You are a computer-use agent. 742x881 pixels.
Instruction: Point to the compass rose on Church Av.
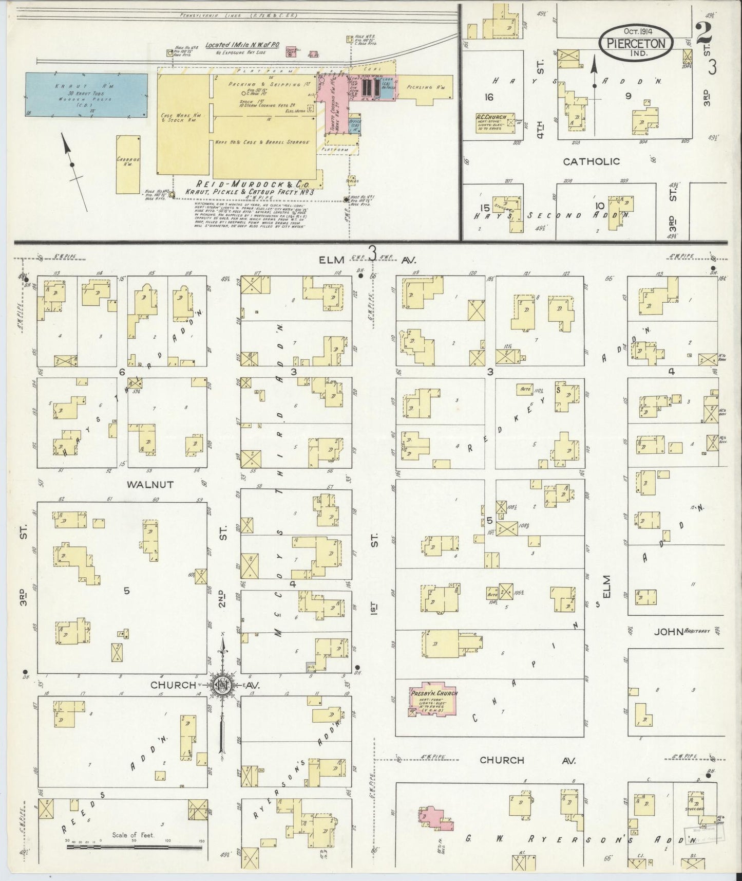222,685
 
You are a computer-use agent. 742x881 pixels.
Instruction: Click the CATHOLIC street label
591,161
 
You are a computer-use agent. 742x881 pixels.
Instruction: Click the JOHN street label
668,632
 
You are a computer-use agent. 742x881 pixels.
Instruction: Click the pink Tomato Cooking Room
333,100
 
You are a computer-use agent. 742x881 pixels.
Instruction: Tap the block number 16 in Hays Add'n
488,96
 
